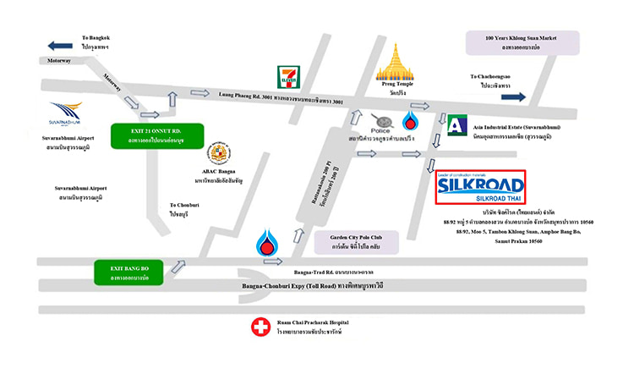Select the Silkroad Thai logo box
click(480, 188)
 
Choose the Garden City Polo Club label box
click(358, 244)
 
